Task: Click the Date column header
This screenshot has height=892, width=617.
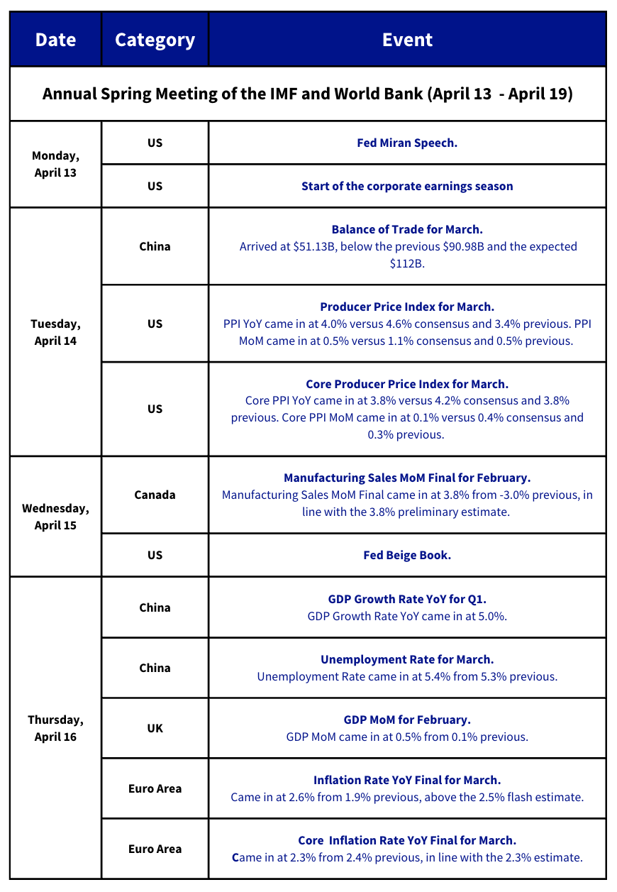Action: click(55, 40)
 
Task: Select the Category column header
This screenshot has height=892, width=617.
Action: click(155, 40)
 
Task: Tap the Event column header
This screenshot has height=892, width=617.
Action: click(407, 40)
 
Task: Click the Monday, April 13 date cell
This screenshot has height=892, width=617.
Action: click(55, 164)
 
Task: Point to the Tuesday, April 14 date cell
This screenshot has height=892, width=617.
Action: click(55, 331)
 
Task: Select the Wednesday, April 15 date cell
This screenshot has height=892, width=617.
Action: click(55, 517)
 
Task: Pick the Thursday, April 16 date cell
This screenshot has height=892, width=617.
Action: click(55, 728)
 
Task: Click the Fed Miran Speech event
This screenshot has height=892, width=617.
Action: click(407, 143)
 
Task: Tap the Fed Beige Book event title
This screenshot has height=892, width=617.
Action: click(407, 555)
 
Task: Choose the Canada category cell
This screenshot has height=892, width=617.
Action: click(155, 495)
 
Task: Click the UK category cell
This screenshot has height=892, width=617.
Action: click(155, 728)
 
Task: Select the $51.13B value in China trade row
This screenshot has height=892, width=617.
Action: click(314, 247)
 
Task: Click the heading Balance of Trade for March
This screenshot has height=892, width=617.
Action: click(407, 229)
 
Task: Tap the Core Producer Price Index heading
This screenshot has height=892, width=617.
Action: click(407, 384)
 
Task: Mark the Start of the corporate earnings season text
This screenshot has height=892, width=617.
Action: click(407, 186)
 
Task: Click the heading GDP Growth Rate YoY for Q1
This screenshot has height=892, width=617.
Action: click(407, 599)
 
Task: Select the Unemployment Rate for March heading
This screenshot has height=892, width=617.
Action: click(407, 659)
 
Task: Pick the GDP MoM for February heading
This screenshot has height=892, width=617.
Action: click(407, 720)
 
